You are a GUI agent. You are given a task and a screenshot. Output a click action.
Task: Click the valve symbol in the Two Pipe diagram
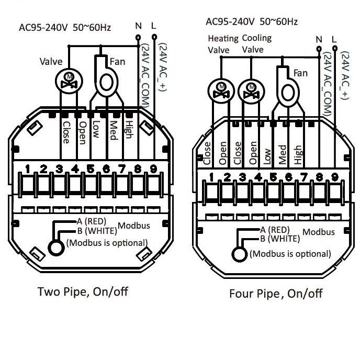point(69,81)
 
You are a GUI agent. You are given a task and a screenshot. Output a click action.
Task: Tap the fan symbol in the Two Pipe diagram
point(106,78)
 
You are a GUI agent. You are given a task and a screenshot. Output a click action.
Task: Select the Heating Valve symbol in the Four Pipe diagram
point(221,91)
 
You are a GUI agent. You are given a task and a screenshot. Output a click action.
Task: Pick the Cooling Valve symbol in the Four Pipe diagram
point(251,92)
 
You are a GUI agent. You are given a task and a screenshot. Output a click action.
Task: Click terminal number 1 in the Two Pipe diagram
point(28,168)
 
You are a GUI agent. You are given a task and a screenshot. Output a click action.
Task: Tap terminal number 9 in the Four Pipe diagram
point(335,177)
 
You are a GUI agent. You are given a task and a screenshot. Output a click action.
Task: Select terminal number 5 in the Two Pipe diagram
point(91,168)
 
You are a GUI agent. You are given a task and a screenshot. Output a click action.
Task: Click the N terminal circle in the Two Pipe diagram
point(138,37)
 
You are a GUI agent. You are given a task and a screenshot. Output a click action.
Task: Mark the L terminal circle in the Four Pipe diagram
point(335,49)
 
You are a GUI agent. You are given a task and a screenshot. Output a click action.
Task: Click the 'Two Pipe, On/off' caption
point(83,292)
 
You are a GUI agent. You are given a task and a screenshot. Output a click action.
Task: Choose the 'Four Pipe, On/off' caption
point(276,294)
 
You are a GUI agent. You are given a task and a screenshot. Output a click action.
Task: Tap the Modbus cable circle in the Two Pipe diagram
point(56,248)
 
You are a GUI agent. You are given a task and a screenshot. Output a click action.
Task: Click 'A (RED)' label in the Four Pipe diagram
point(275,230)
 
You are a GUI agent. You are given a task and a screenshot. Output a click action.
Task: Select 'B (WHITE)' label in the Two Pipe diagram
point(97,231)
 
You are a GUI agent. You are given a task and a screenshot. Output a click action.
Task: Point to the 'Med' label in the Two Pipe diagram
point(114,130)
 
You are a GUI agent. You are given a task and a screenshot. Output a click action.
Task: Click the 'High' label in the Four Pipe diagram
point(298,155)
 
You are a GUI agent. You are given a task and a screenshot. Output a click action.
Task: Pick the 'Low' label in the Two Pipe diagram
point(96,129)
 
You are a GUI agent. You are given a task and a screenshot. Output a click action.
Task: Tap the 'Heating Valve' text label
point(223,44)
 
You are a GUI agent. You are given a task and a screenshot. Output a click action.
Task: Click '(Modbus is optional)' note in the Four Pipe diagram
point(290,254)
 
